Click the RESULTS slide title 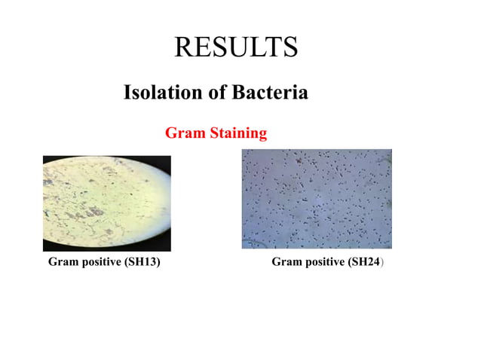236,47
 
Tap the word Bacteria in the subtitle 270,93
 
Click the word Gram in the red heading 181,133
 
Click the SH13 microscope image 106,203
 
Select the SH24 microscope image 317,199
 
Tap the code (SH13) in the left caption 142,262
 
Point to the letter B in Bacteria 239,93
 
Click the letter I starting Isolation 127,93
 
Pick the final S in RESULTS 290,47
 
